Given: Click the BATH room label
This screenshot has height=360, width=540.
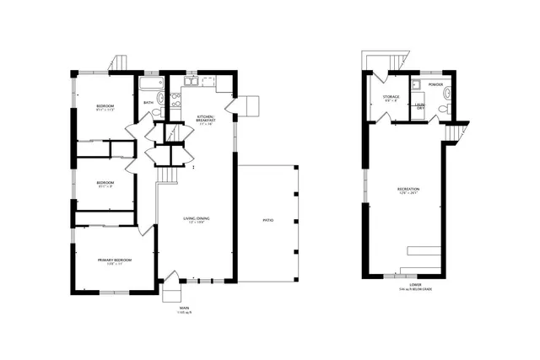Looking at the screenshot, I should [x=148, y=103].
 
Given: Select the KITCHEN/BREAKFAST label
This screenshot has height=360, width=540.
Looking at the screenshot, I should [x=205, y=119].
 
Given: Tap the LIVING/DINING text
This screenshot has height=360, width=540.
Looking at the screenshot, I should [x=197, y=219].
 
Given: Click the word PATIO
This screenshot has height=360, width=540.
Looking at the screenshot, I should [x=267, y=220].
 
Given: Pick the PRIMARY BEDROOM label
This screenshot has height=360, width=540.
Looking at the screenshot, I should [x=115, y=261].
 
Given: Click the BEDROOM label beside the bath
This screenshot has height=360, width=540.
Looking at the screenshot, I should [x=105, y=105].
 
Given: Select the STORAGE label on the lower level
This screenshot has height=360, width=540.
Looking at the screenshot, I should [x=391, y=97].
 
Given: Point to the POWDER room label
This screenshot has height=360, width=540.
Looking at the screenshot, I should [x=435, y=84].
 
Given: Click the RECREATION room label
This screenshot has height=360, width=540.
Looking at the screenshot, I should [x=408, y=189].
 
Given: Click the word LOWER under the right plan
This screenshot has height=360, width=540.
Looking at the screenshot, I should [x=415, y=284].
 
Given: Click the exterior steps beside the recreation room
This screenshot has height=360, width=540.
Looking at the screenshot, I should [x=455, y=133].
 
